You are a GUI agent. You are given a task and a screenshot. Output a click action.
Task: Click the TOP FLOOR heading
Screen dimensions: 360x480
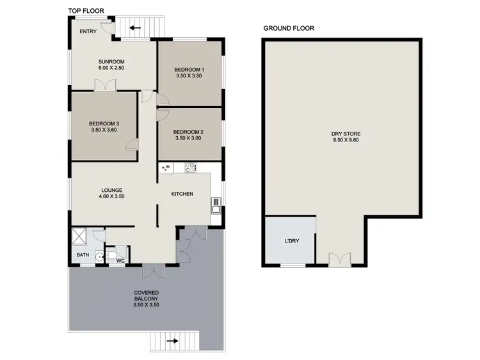[86, 11]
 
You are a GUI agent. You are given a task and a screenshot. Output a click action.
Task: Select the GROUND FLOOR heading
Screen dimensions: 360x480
[289, 28]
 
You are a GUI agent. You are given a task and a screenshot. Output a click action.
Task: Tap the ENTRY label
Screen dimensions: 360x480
[88, 31]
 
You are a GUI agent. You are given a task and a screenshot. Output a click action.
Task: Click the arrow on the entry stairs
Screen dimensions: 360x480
[135, 27]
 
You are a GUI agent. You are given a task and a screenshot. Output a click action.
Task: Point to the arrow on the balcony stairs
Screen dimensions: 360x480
[173, 341]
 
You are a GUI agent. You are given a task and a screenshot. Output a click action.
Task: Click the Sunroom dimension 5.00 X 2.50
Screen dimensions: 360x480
[111, 67]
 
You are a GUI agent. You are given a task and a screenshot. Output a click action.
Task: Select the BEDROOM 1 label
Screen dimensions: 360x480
[189, 69]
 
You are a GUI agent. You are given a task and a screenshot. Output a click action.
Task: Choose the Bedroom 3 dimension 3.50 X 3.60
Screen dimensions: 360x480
[104, 130]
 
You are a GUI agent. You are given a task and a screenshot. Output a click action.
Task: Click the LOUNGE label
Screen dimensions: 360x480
[112, 190]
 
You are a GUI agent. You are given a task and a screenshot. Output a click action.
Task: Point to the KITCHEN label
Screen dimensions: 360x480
[182, 194]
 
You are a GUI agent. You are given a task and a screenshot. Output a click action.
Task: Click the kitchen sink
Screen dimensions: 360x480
[216, 205]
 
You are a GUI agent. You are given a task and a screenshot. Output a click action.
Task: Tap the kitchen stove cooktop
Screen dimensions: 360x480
[190, 168]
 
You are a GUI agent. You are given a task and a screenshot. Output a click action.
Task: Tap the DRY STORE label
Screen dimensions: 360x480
[346, 134]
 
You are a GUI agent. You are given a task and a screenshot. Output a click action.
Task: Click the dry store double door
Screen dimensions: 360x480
[340, 259]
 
